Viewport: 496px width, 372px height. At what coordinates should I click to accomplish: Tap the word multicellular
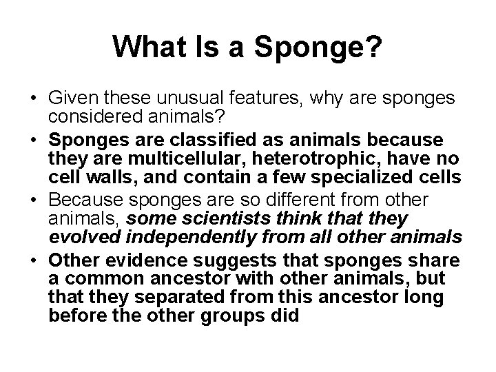tap(170, 159)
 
